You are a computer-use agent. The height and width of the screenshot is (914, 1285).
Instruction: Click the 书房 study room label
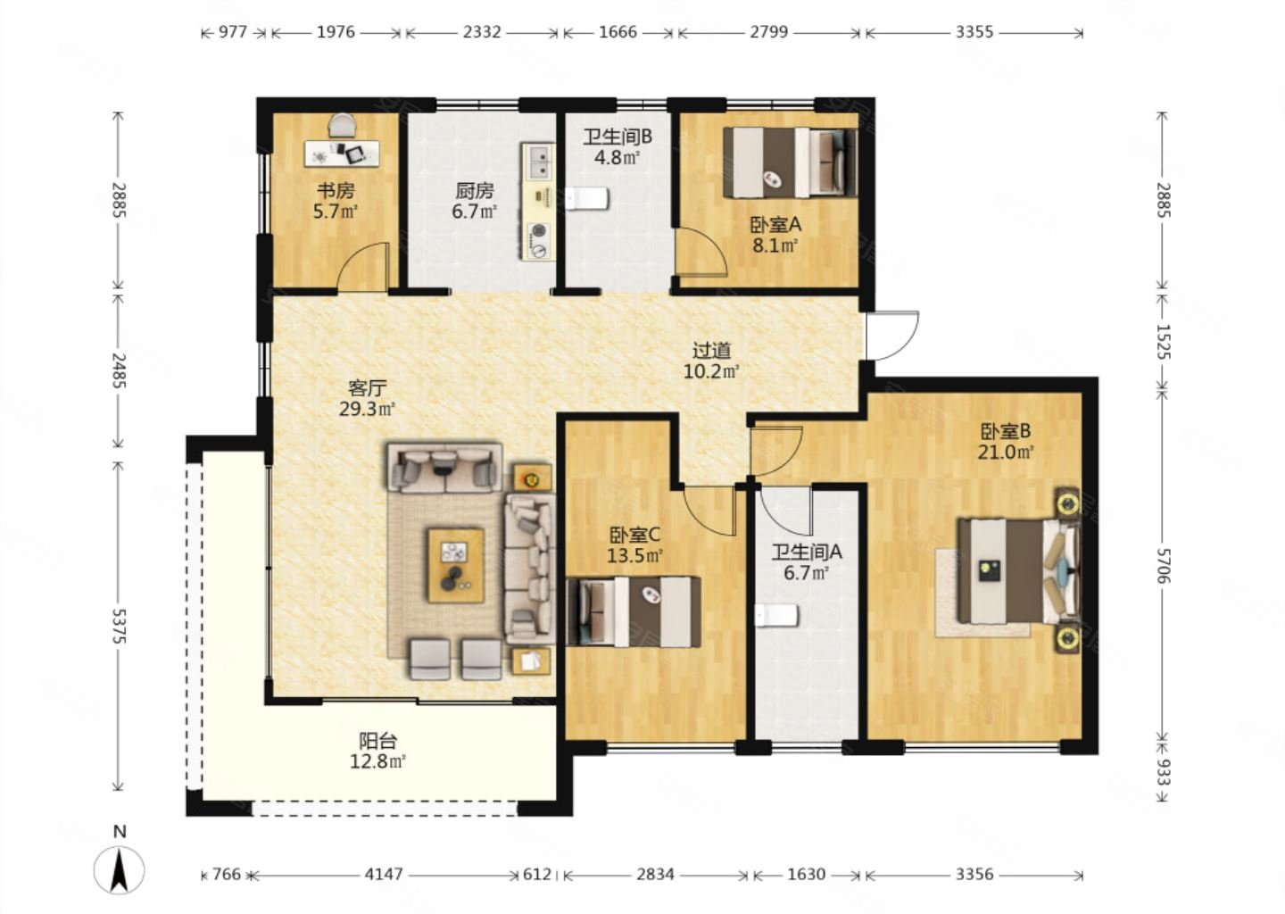pyautogui.click(x=336, y=190)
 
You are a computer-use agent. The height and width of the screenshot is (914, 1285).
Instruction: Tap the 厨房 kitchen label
pyautogui.click(x=475, y=190)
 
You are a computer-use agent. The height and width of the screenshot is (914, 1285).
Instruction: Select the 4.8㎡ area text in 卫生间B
pyautogui.click(x=618, y=157)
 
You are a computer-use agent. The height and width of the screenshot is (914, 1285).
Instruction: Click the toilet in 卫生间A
pyautogui.click(x=776, y=616)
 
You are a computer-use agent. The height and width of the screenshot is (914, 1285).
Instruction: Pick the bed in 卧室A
pyautogui.click(x=790, y=162)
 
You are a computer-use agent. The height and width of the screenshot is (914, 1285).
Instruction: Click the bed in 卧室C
pyautogui.click(x=634, y=611)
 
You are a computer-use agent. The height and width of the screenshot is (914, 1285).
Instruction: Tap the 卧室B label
pyautogui.click(x=1006, y=431)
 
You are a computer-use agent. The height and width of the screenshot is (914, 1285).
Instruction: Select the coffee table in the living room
pyautogui.click(x=456, y=566)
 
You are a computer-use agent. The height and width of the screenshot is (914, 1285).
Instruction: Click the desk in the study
pyautogui.click(x=342, y=154)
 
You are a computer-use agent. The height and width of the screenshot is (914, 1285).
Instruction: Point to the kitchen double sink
pyautogui.click(x=540, y=162)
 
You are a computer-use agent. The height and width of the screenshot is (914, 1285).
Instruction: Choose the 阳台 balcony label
pyautogui.click(x=377, y=741)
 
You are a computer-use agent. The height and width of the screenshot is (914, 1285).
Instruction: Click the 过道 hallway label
pyautogui.click(x=711, y=350)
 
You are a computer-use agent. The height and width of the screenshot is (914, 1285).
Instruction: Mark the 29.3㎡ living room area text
pyautogui.click(x=367, y=409)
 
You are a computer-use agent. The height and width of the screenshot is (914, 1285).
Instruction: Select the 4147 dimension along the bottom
pyautogui.click(x=384, y=874)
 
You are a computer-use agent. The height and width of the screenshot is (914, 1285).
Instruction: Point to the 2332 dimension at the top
pyautogui.click(x=482, y=32)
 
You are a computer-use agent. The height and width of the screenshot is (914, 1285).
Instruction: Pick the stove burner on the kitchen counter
pyautogui.click(x=539, y=231)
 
